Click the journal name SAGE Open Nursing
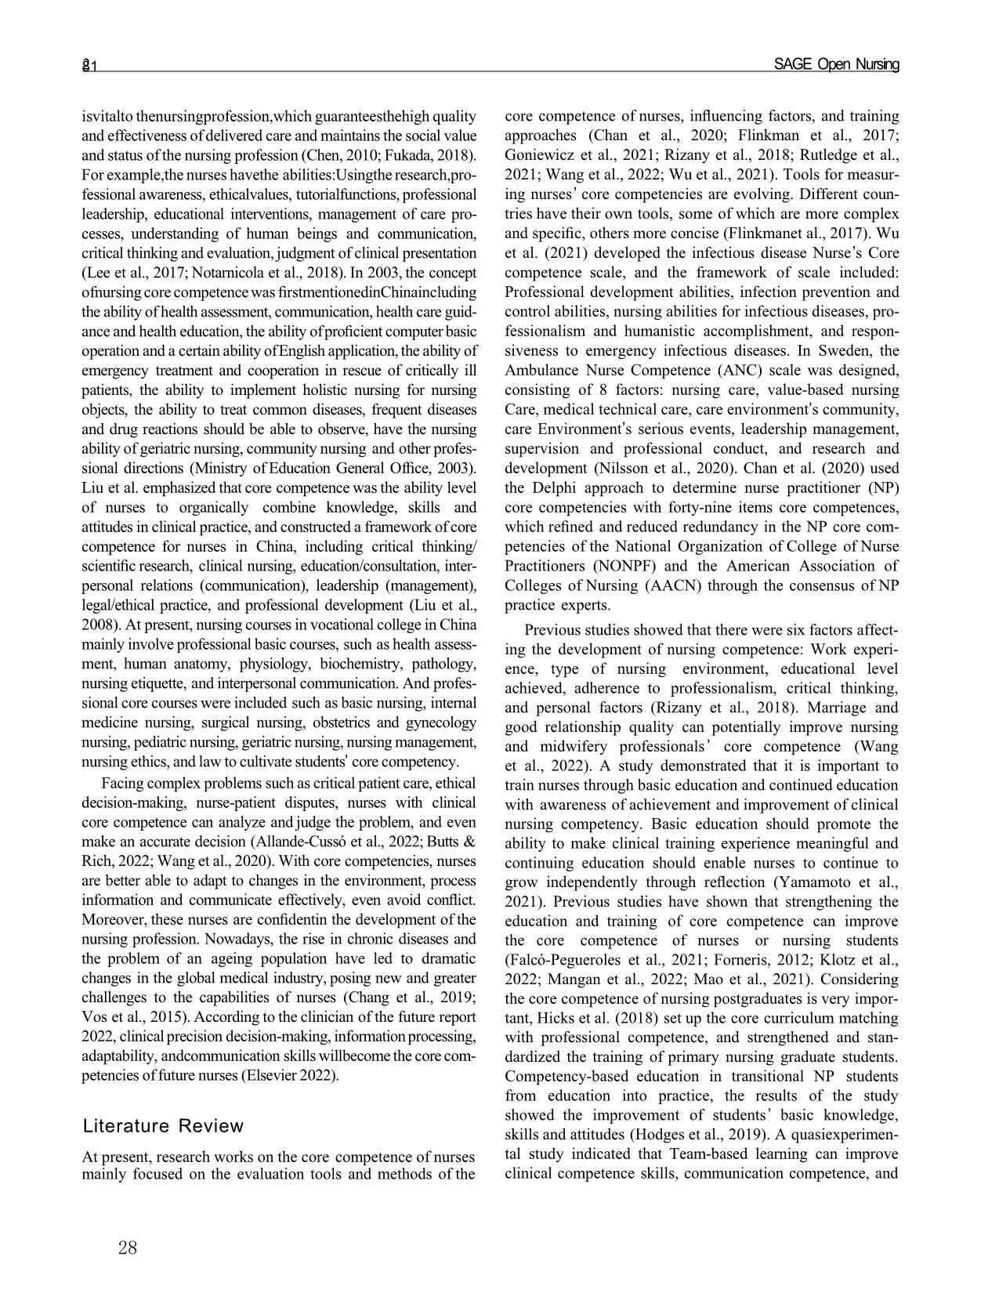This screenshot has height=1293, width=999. (836, 65)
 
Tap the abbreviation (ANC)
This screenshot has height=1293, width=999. (725, 371)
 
